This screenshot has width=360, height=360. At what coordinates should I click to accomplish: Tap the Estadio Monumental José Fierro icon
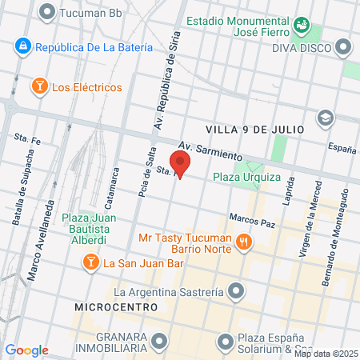click(x=302, y=26)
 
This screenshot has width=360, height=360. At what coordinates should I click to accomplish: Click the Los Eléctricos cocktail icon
click(x=38, y=86)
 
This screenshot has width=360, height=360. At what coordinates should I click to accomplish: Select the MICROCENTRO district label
click(x=112, y=306)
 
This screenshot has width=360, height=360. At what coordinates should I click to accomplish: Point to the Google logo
click(x=27, y=350)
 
